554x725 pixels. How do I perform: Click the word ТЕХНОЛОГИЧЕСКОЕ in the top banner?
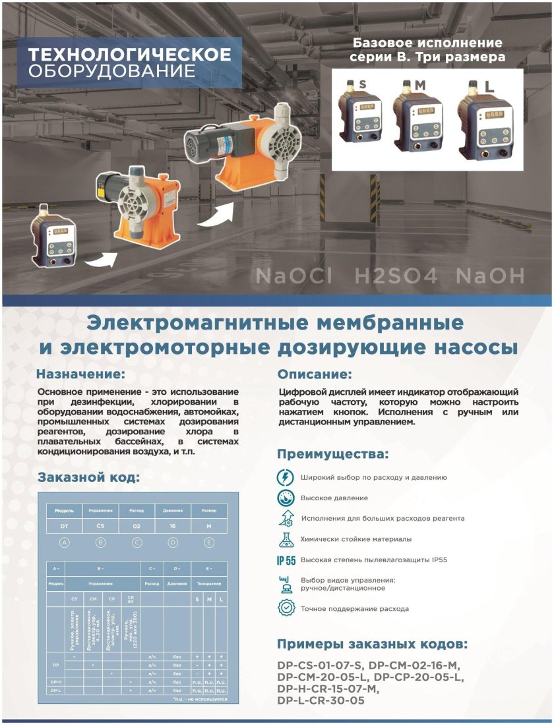click(x=130, y=54)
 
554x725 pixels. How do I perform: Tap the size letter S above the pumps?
click(x=362, y=84)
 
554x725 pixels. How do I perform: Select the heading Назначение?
click(x=80, y=374)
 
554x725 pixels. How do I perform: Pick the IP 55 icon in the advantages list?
click(x=286, y=560)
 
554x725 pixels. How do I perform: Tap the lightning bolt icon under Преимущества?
click(x=286, y=477)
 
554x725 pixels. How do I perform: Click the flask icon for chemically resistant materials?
click(x=286, y=539)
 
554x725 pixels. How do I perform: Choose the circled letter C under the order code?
click(x=137, y=542)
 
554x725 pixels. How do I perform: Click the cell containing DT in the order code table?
click(x=64, y=526)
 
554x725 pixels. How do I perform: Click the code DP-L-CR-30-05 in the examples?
click(x=321, y=701)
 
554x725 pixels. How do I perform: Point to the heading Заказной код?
click(x=88, y=477)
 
